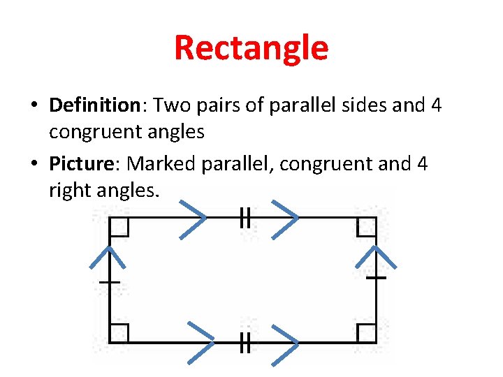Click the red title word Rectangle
251,48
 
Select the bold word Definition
95,105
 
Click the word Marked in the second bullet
161,164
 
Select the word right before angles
69,189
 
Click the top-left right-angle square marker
119,226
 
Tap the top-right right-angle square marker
367,226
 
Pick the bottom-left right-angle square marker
119,334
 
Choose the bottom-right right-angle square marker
367,334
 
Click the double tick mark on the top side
245,219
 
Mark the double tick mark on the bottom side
245,343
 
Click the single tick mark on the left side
110,282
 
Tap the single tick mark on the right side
377,278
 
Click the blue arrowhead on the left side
109,256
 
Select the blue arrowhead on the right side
377,256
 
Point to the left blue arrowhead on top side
194,219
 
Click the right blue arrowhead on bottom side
285,343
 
